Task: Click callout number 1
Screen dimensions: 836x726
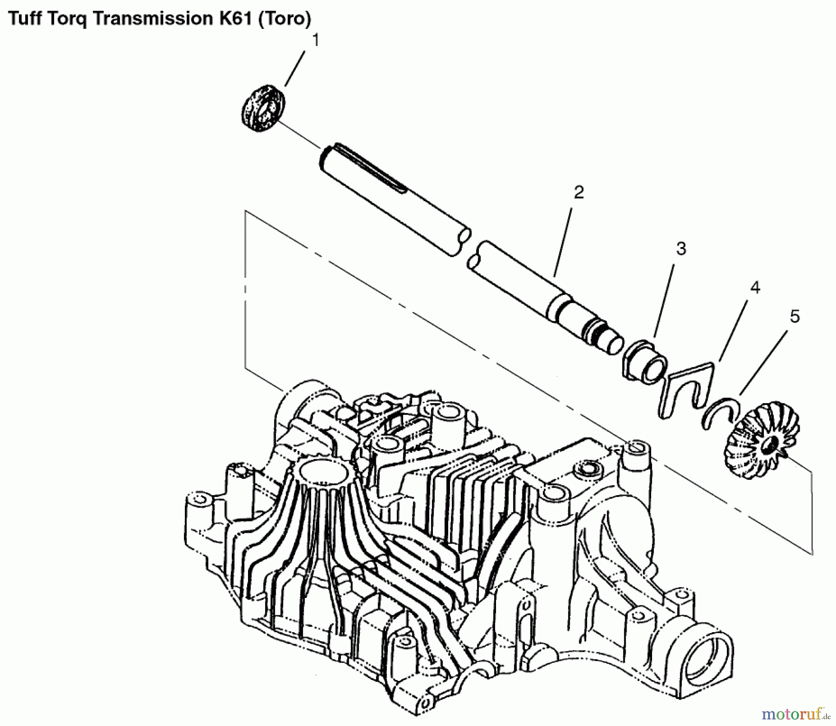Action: click(x=315, y=41)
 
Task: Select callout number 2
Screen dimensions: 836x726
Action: click(x=578, y=192)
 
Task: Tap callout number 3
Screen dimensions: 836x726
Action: click(x=681, y=249)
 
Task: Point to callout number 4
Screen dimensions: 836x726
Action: click(x=755, y=288)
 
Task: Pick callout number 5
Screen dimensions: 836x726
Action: click(x=795, y=317)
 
